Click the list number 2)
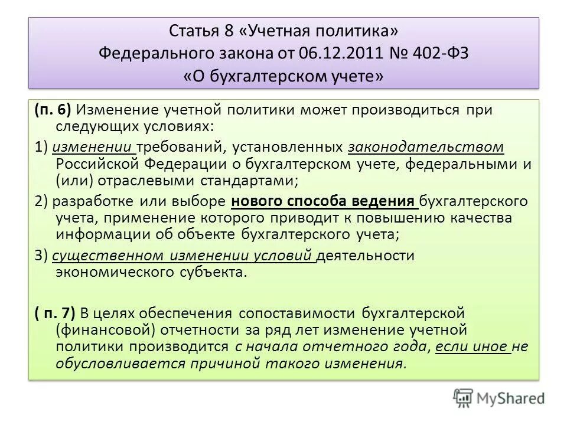point(42,201)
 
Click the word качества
point(497,218)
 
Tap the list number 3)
point(42,256)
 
